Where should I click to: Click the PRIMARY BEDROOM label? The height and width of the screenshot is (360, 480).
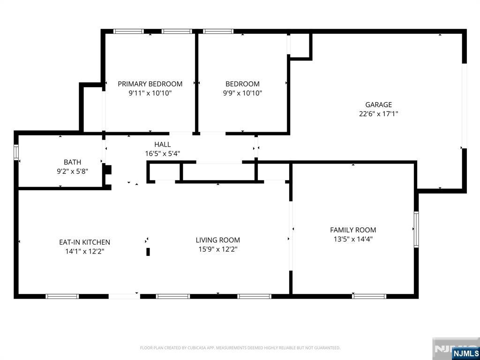tap(150, 84)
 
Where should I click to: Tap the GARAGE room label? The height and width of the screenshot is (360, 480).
tap(378, 105)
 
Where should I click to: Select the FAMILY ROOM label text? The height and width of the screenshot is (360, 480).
tap(353, 230)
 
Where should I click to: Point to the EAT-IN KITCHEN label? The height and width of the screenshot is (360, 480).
tap(84, 242)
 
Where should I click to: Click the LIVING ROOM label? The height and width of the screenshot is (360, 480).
tap(218, 240)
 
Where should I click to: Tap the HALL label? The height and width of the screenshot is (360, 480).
tap(163, 144)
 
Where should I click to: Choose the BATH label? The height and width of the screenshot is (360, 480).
tap(73, 162)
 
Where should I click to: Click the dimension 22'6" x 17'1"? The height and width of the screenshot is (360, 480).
tap(378, 114)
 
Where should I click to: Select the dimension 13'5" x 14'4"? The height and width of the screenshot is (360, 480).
tap(353, 239)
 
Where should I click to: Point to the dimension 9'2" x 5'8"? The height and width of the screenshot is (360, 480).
tap(73, 172)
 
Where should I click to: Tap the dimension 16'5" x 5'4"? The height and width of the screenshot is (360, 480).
tap(163, 154)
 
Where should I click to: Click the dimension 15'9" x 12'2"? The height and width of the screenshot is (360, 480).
tap(218, 249)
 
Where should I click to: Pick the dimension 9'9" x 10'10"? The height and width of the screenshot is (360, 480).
tap(242, 93)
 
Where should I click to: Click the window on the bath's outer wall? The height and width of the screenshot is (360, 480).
tap(16, 152)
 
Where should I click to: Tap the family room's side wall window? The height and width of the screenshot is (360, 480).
tap(416, 229)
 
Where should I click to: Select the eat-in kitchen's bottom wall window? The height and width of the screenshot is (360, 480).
tap(62, 296)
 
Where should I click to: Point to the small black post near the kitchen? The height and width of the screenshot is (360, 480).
tap(148, 252)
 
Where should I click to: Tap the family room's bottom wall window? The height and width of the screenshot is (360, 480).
tap(369, 296)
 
